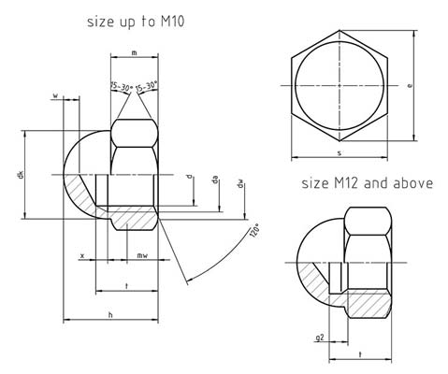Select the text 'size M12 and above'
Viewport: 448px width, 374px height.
tap(367, 183)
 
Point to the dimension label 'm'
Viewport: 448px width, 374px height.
tap(135, 53)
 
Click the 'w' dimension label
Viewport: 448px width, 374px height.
tap(56, 95)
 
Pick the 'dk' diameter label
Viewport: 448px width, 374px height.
tap(20, 175)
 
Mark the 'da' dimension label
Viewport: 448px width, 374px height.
tap(216, 180)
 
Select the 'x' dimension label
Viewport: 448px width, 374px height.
tap(82, 254)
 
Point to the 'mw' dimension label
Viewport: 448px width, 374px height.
tap(141, 254)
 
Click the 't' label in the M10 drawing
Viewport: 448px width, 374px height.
tap(125, 284)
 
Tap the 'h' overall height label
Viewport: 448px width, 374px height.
tap(111, 316)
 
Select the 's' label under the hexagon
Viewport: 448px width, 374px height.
tap(339, 152)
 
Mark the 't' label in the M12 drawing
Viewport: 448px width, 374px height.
tap(360, 355)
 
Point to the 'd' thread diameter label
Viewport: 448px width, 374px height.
tap(190, 176)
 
